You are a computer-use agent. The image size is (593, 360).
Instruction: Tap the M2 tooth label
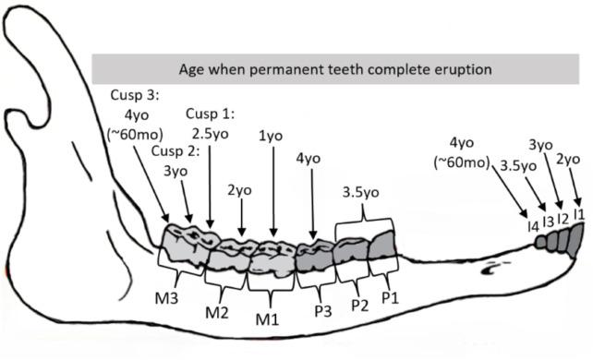[217, 311]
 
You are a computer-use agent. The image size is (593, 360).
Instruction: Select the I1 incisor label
[579, 214]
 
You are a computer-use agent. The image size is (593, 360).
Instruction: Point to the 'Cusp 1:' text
[211, 114]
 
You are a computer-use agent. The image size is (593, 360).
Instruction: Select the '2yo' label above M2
[240, 190]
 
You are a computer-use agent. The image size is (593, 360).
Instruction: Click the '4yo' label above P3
[308, 159]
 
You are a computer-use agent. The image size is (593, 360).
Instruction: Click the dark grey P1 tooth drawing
[381, 246]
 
